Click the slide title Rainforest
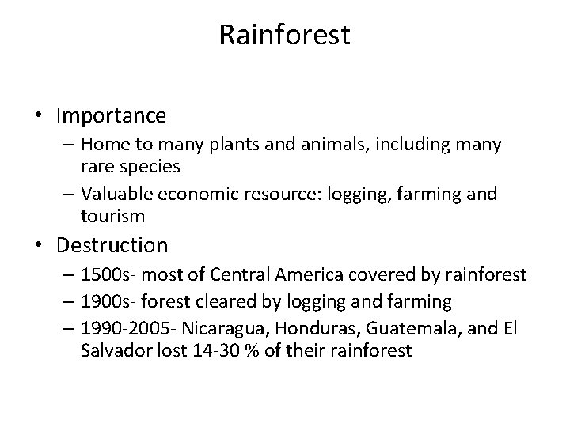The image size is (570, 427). (284, 36)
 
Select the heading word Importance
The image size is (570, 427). (111, 116)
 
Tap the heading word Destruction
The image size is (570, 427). (112, 245)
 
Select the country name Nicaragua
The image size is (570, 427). (217, 329)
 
